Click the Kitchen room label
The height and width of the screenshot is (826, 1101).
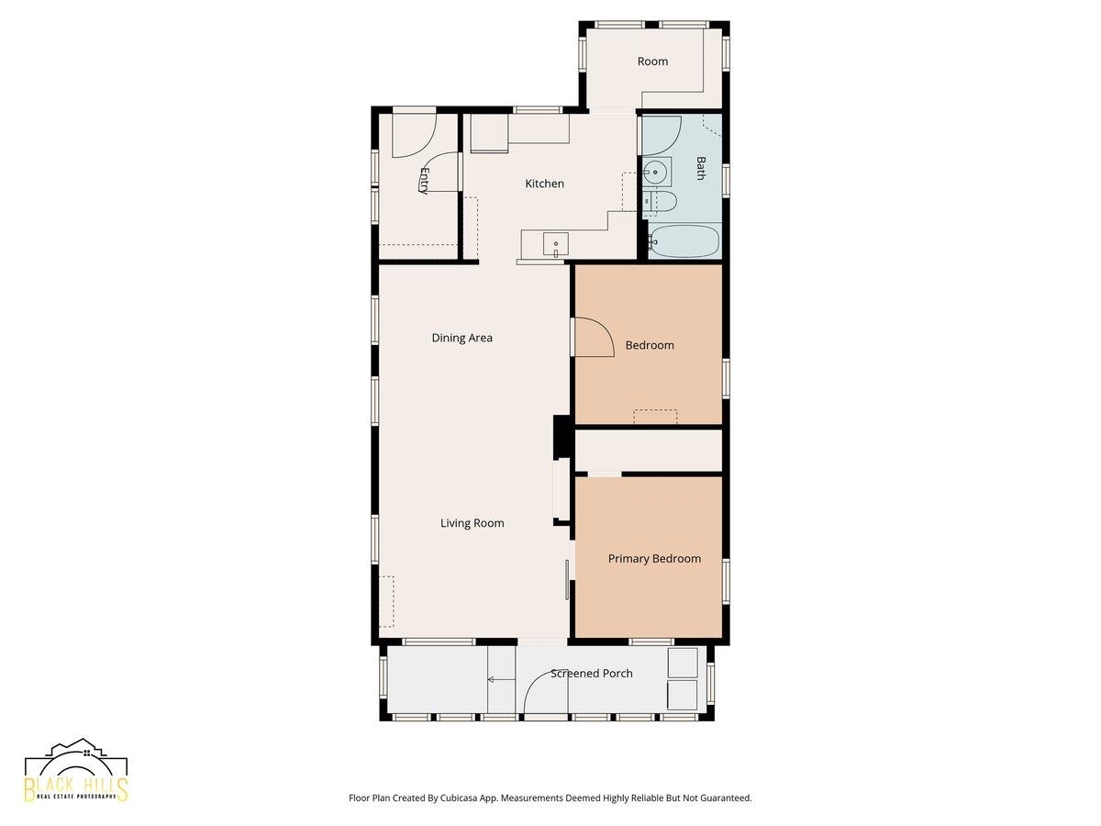(x=544, y=184)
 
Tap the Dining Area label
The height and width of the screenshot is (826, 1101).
(x=462, y=338)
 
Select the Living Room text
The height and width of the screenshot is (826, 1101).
(x=472, y=523)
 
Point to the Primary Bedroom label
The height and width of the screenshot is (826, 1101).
(x=654, y=559)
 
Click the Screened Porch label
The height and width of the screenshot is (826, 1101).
(x=592, y=673)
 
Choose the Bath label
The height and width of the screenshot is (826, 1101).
(x=700, y=168)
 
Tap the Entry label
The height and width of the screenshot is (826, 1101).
(x=425, y=181)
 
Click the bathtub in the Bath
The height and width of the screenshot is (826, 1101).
(x=684, y=241)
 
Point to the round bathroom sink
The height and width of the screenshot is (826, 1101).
(x=655, y=172)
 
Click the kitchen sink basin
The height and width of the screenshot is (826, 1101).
(x=556, y=245)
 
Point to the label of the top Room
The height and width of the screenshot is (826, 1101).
(x=652, y=61)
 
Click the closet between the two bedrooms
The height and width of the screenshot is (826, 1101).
(x=648, y=451)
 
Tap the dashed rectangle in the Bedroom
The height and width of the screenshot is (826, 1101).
(x=655, y=417)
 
